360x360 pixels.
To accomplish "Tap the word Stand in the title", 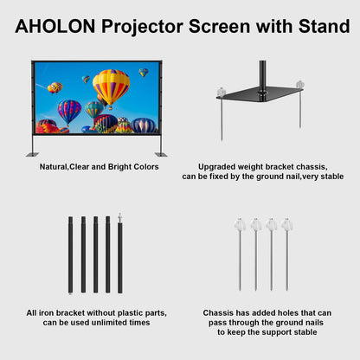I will [x=318, y=27].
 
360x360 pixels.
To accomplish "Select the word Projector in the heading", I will [x=142, y=27].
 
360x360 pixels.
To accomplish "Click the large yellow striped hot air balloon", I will [x=110, y=87].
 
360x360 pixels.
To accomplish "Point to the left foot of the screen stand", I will [x=32, y=153].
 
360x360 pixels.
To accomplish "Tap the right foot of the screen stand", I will [x=160, y=153].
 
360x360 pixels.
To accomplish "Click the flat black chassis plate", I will [x=260, y=96].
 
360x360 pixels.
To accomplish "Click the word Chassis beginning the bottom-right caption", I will [x=217, y=312].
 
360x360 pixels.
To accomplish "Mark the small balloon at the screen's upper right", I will [x=143, y=72].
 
